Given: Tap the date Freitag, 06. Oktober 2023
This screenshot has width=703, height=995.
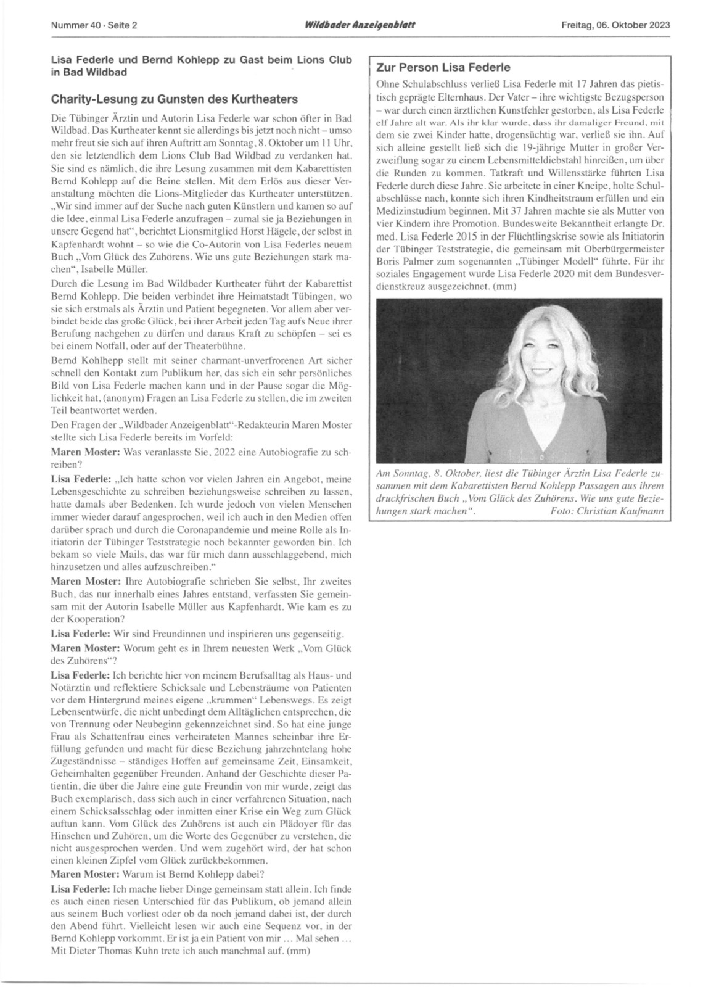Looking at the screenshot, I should [x=615, y=26].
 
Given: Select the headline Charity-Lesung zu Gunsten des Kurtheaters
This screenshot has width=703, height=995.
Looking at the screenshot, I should [x=175, y=99].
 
